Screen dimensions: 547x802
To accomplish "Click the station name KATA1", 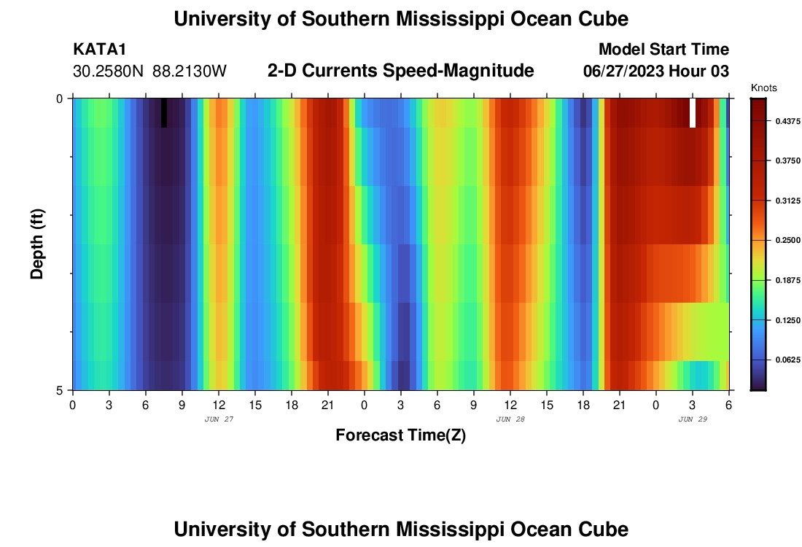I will [x=100, y=50].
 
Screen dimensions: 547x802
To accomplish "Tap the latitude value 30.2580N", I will [x=109, y=71].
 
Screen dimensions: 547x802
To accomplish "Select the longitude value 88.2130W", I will [x=190, y=71].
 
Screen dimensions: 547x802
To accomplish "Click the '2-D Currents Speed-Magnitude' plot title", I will [x=401, y=71].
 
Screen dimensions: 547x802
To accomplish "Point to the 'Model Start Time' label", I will [x=663, y=50].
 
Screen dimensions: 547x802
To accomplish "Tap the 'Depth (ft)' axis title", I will [x=37, y=244].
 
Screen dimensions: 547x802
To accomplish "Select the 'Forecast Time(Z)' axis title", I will [x=400, y=435].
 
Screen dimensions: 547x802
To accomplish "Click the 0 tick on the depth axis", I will [x=60, y=98].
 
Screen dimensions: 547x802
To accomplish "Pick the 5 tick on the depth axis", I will [x=60, y=389].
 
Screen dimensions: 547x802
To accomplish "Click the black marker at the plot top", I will [x=164, y=112].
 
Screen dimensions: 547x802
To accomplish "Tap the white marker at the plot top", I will [x=693, y=112].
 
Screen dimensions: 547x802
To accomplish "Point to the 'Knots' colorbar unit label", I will [x=763, y=88].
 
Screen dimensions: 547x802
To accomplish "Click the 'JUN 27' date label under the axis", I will [x=218, y=419].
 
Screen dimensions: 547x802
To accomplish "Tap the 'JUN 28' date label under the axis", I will [x=510, y=419].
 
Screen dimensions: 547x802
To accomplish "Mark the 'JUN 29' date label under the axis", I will [x=692, y=419].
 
